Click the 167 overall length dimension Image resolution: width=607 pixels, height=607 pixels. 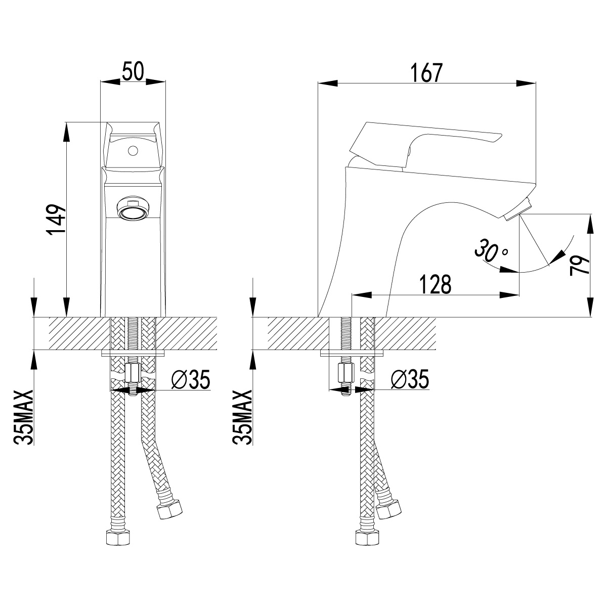click(426, 73)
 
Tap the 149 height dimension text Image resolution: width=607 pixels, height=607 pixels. click(56, 220)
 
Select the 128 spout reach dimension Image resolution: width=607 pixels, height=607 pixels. click(435, 284)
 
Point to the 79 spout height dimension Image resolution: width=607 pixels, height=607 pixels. click(580, 266)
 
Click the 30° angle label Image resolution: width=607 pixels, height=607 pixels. click(491, 250)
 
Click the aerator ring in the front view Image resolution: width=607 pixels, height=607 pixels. click(133, 208)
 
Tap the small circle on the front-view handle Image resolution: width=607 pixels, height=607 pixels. click(133, 151)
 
